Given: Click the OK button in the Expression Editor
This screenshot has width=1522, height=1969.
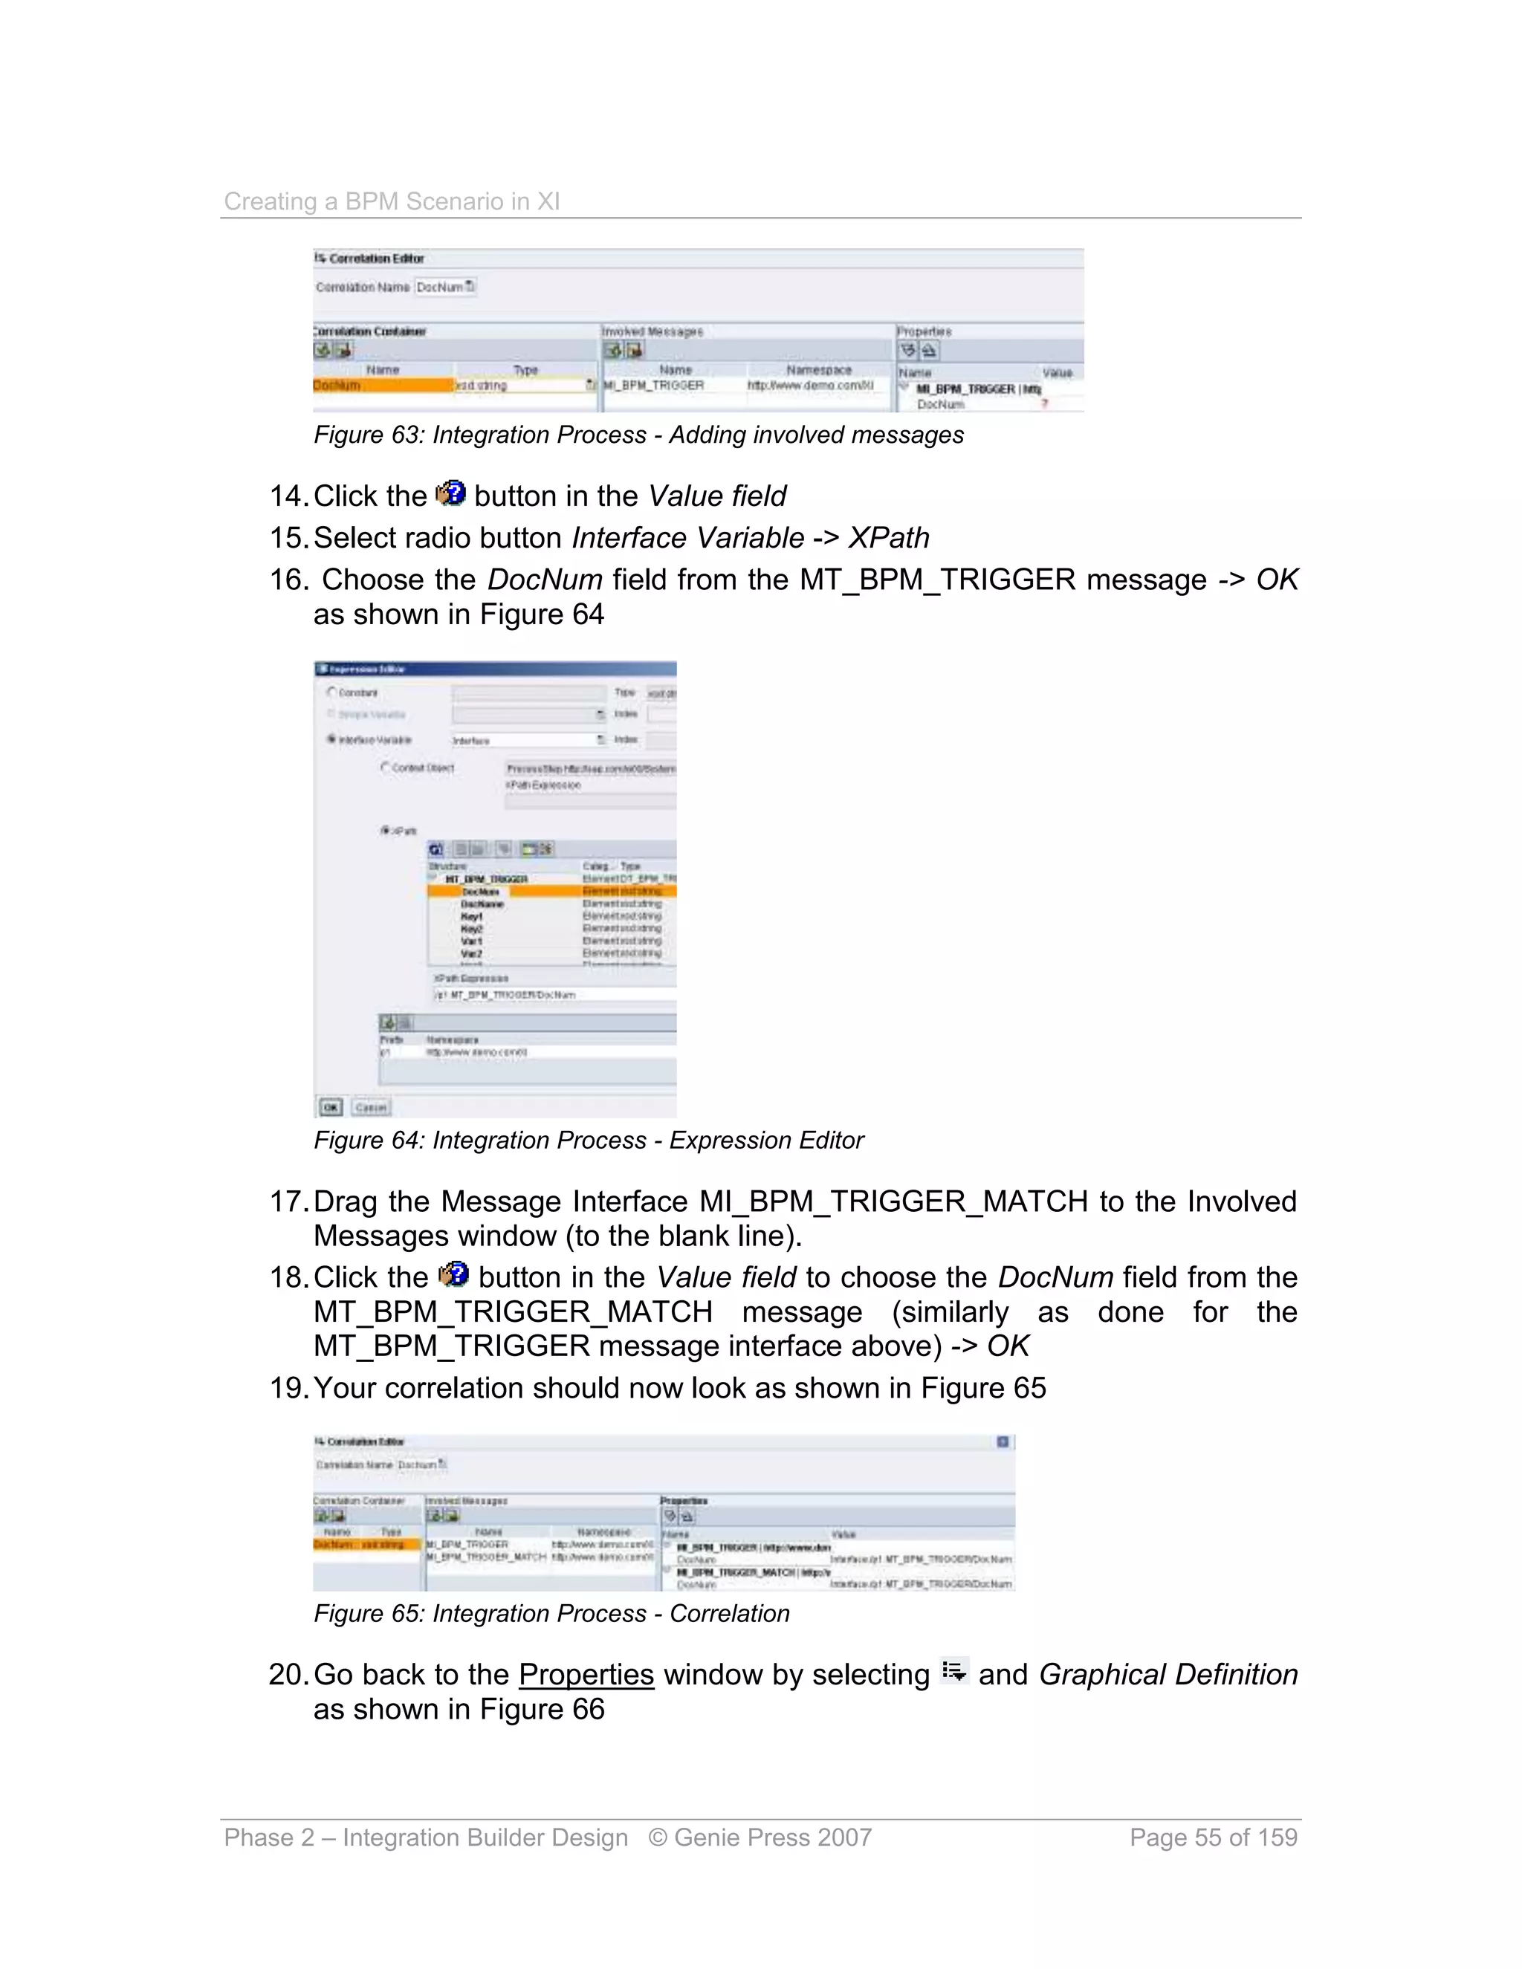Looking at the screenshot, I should click(331, 1106).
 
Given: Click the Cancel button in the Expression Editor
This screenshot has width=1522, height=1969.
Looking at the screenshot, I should click(371, 1106).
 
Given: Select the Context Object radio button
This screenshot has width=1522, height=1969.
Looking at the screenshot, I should click(386, 768).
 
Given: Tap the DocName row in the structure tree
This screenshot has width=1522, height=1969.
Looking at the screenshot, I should click(482, 904).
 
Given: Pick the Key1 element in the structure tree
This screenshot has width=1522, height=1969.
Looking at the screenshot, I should click(472, 916).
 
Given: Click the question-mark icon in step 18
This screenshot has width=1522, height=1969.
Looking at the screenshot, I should click(453, 1275).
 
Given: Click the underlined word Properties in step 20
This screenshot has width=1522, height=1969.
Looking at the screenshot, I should click(586, 1675).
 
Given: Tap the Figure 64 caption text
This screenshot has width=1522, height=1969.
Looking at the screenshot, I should click(588, 1141).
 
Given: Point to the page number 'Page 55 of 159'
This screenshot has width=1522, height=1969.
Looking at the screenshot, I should click(1213, 1837).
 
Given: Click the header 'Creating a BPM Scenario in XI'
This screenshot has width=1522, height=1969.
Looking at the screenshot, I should click(392, 201).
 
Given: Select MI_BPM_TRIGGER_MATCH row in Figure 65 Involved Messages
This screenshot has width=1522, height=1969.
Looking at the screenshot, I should click(486, 1557).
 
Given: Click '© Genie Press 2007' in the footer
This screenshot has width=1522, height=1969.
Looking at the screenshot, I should click(760, 1837).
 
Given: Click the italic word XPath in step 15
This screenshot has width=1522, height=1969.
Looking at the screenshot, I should click(888, 538).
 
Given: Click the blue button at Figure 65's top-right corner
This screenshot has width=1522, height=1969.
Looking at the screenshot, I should click(1003, 1441).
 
